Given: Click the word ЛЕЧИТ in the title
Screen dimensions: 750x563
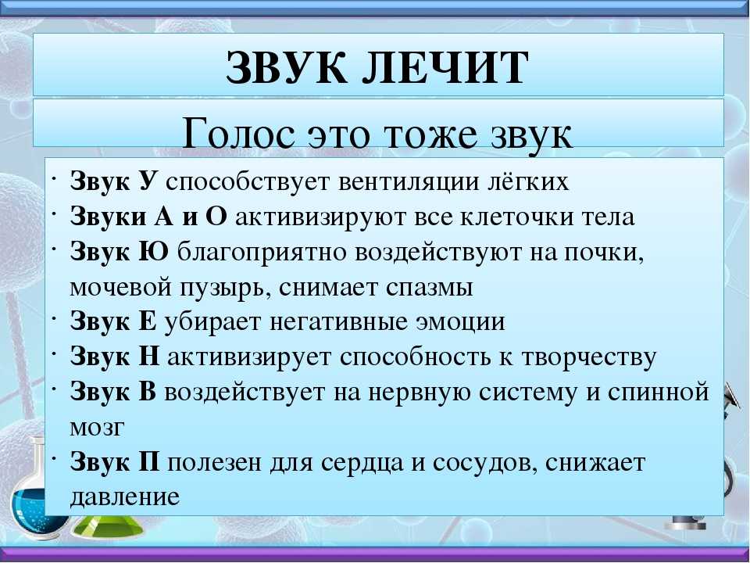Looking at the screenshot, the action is point(444,67).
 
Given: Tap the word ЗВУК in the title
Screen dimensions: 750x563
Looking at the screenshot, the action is point(286,67).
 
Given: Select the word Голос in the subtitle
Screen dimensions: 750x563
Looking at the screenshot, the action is point(238,134).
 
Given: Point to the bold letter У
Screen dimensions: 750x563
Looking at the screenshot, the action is point(147,181).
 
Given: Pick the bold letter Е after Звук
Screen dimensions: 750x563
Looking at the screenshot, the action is point(148,321).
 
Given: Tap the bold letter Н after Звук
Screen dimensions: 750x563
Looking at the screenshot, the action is point(148,357).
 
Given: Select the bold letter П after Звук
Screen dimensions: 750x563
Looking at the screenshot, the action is point(148,462).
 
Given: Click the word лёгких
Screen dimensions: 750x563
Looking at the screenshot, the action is point(528,181).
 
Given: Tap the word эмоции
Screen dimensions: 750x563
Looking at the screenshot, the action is point(460,321).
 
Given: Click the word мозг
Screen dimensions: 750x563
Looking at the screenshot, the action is point(97,428).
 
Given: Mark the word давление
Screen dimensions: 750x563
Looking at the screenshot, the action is point(125,497).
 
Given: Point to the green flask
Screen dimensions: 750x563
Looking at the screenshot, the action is point(107,525).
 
